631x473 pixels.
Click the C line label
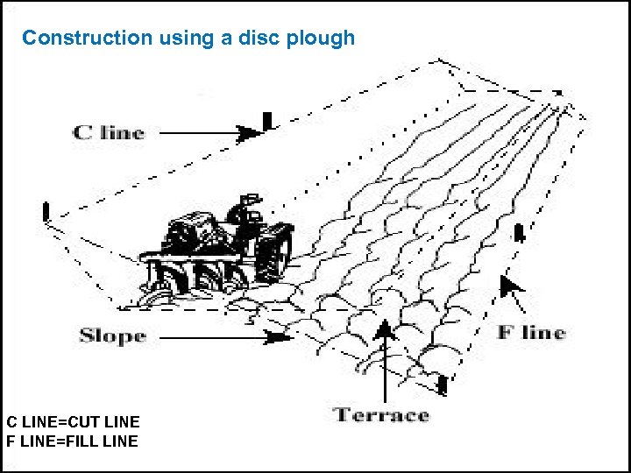tap(109, 132)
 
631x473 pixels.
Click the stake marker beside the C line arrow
tap(267, 120)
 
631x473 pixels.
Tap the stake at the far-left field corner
tap(46, 212)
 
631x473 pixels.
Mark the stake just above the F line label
tap(519, 233)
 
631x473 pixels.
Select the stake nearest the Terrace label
tap(443, 383)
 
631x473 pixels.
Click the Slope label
tap(112, 335)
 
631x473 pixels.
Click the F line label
tap(531, 332)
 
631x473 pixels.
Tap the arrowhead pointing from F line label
tap(507, 284)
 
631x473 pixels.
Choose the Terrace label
tap(381, 414)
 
